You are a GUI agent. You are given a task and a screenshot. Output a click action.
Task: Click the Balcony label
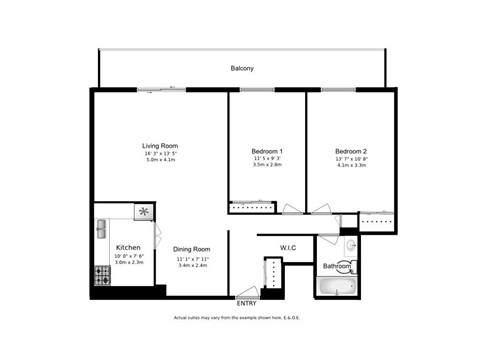[242, 68]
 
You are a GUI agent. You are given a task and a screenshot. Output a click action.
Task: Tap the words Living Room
[159, 145]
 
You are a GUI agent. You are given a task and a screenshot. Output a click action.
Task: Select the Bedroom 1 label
[266, 151]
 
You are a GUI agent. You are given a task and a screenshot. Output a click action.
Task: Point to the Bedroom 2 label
[351, 151]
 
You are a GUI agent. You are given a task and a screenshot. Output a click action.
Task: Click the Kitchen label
[128, 247]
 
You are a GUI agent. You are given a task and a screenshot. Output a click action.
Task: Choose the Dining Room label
[191, 249]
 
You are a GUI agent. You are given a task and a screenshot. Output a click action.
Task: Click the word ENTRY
[246, 302]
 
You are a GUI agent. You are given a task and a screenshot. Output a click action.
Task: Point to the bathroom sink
[351, 246]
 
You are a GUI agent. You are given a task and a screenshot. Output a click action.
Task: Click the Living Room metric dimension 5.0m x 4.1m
[159, 160]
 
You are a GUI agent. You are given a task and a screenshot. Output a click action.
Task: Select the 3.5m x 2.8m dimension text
[266, 165]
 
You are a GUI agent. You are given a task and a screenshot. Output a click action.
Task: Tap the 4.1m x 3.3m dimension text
[351, 165]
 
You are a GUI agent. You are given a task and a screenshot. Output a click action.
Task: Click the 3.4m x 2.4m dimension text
[191, 265]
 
